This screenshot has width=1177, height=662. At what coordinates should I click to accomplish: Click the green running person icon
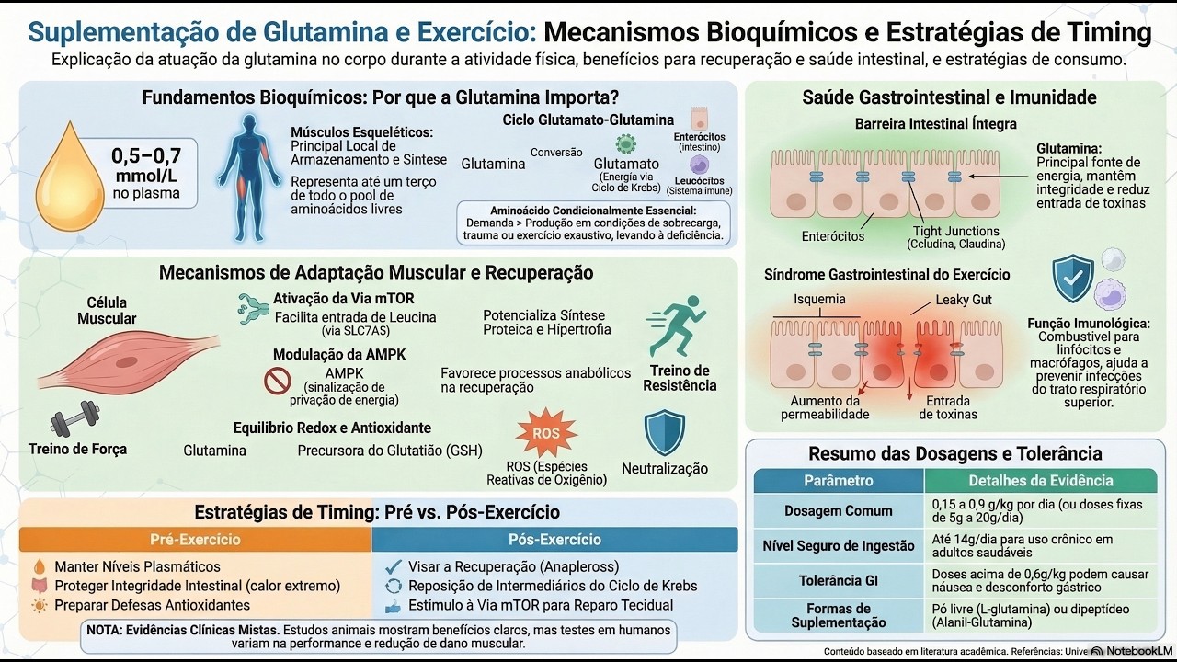678,327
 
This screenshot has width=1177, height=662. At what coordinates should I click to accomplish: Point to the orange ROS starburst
546,432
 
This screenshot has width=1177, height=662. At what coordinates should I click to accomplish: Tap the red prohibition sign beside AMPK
277,381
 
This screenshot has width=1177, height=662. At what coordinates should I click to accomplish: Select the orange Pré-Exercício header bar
195,540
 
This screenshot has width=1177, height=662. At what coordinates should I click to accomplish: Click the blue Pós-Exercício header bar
554,540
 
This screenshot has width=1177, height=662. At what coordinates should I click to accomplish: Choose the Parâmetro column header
838,481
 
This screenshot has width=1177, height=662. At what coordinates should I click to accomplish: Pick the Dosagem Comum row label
838,511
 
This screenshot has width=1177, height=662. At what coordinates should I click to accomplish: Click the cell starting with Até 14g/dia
1039,546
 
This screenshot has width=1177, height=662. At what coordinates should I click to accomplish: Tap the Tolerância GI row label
838,581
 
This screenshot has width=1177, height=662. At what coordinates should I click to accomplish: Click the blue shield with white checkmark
1073,280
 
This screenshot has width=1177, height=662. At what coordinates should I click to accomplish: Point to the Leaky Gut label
964,300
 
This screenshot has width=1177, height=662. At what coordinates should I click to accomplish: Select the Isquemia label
819,300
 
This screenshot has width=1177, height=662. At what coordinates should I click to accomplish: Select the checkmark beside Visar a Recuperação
394,566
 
